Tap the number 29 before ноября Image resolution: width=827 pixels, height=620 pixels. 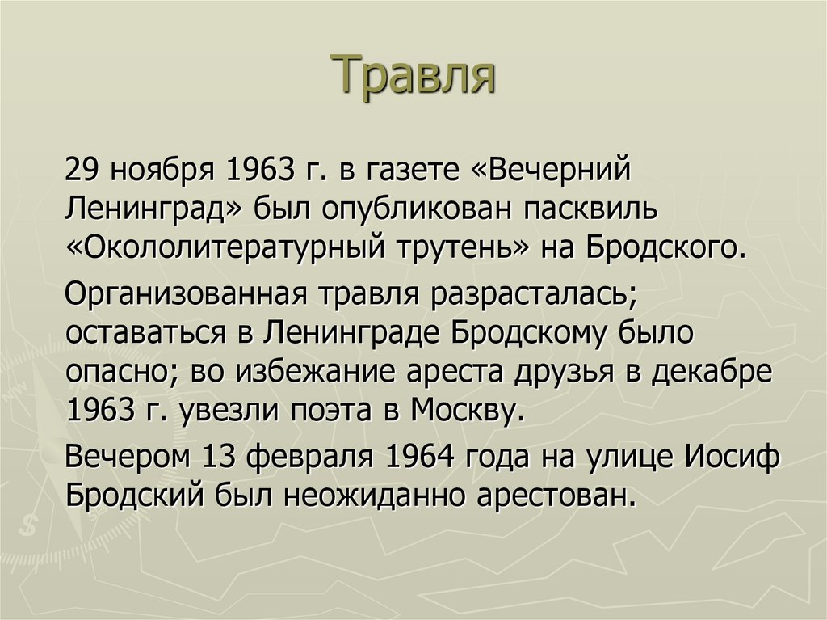[x=82, y=170]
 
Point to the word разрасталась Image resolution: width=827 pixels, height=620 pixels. [x=534, y=293]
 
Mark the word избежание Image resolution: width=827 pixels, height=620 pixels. [x=315, y=371]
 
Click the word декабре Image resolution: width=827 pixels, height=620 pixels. [x=712, y=371]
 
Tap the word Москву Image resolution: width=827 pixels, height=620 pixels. [x=460, y=411]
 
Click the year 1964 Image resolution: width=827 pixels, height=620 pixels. [x=420, y=458]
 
